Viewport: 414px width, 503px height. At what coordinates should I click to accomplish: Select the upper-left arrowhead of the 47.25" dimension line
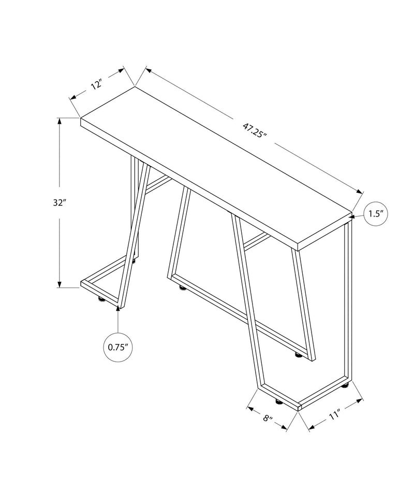pyautogui.click(x=149, y=69)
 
